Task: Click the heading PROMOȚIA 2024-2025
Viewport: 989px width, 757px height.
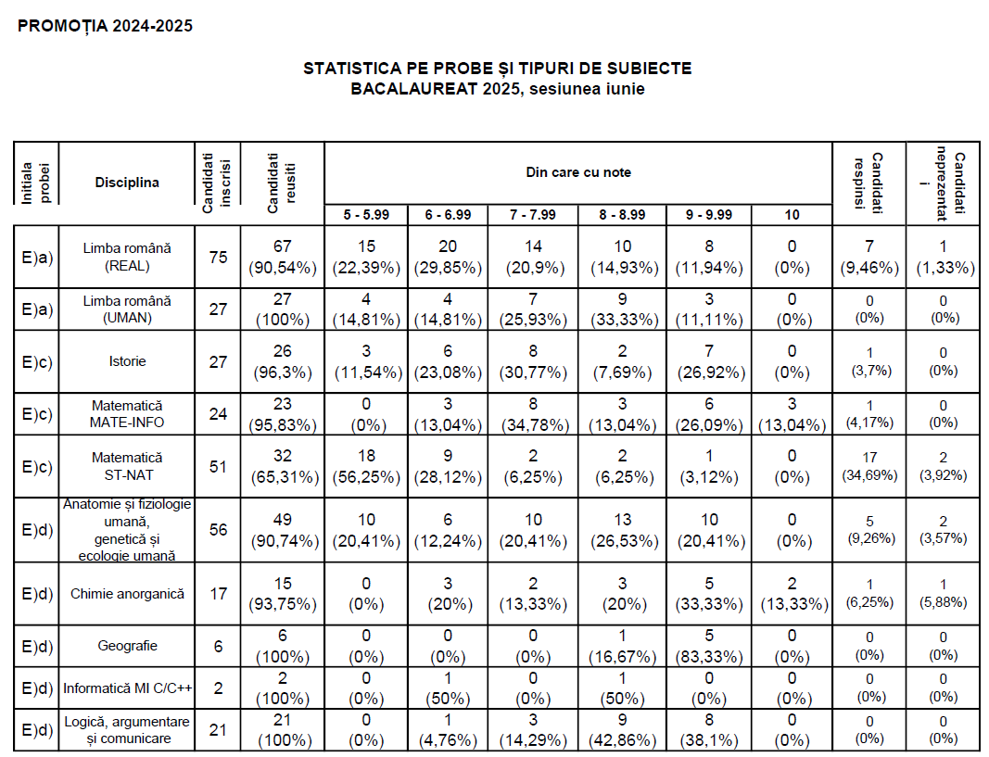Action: pyautogui.click(x=106, y=26)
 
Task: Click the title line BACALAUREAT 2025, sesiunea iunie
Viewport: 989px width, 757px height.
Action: pyautogui.click(x=497, y=89)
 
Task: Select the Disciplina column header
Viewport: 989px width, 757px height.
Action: pyautogui.click(x=127, y=183)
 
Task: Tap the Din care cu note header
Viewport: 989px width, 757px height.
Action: pyautogui.click(x=578, y=172)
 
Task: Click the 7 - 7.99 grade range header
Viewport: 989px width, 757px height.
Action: pyautogui.click(x=533, y=215)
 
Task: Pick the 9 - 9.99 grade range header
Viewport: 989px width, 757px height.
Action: pyautogui.click(x=710, y=215)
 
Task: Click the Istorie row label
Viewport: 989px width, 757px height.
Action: pyautogui.click(x=127, y=361)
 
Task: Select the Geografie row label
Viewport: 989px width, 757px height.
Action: pyautogui.click(x=127, y=647)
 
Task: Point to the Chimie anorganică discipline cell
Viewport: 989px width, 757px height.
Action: pyautogui.click(x=127, y=594)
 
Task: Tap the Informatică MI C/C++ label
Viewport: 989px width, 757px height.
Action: pyautogui.click(x=127, y=689)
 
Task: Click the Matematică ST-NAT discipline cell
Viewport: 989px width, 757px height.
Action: pyautogui.click(x=127, y=466)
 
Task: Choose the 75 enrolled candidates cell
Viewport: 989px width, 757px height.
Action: pyautogui.click(x=218, y=257)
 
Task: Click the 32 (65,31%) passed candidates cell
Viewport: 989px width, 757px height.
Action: pyautogui.click(x=282, y=466)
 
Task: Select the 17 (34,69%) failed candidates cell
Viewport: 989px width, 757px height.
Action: pyautogui.click(x=870, y=466)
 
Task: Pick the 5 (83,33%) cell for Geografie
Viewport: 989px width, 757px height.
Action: pyautogui.click(x=710, y=647)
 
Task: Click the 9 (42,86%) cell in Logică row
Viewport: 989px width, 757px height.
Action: pyautogui.click(x=622, y=730)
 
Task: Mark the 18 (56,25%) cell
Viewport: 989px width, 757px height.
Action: pyautogui.click(x=366, y=466)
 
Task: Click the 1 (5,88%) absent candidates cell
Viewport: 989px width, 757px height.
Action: pyautogui.click(x=943, y=594)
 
